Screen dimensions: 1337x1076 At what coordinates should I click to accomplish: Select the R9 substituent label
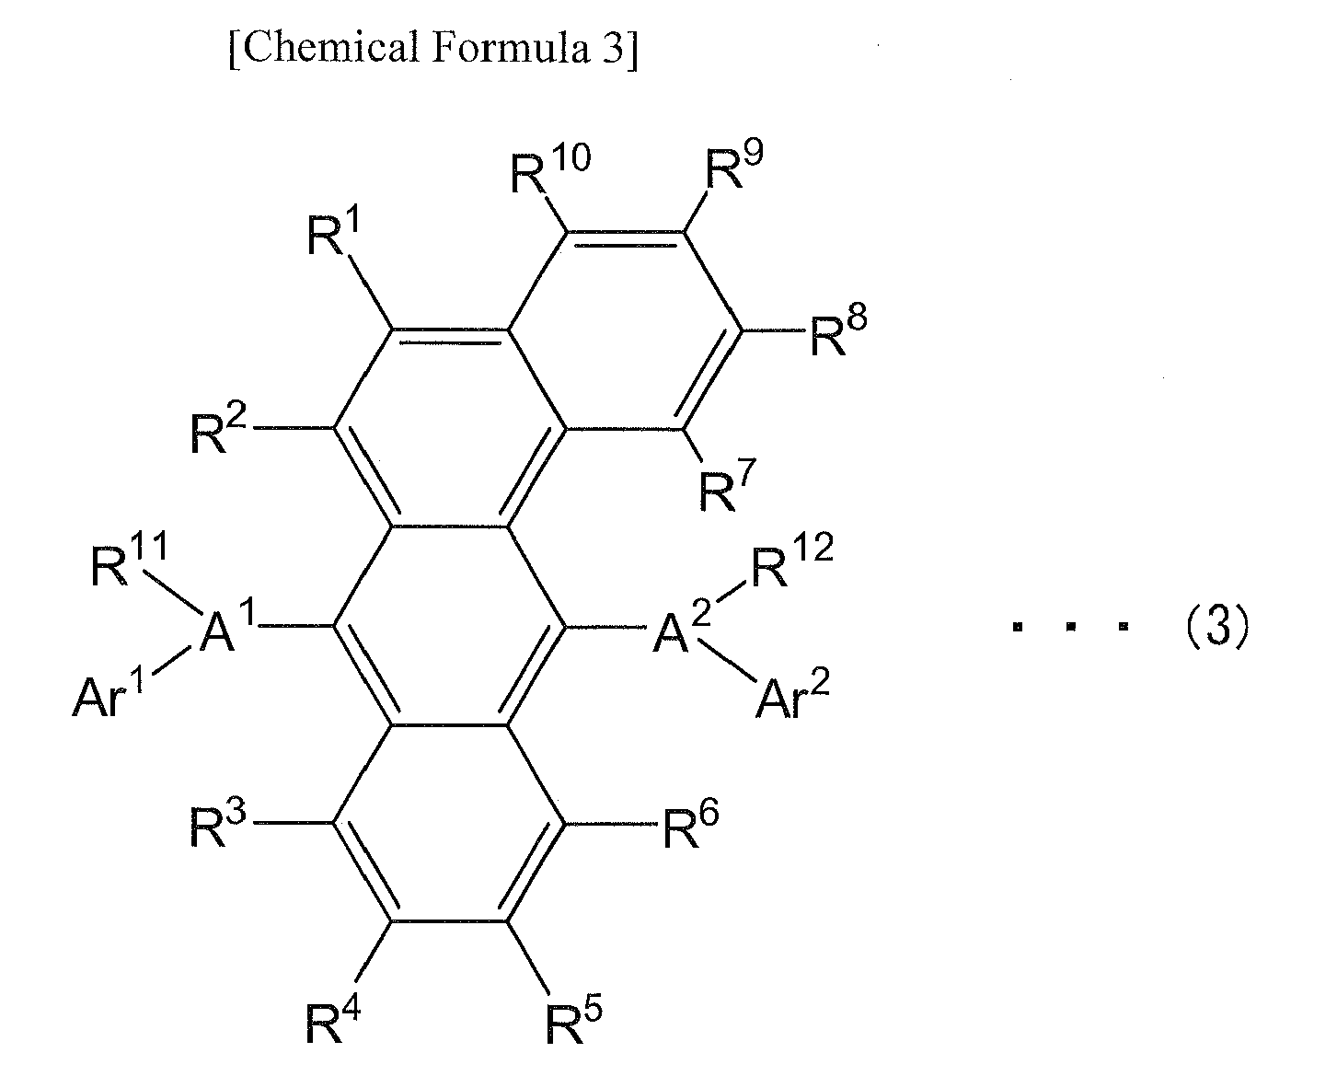pos(733,164)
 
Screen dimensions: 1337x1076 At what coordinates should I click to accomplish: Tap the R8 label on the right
pos(839,331)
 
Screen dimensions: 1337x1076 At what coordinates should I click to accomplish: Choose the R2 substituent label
pos(218,428)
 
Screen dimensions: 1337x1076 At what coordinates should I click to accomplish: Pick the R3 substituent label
pos(218,823)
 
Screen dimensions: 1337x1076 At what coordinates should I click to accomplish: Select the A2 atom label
pos(682,627)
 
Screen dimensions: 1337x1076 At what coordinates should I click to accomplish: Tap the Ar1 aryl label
pos(108,694)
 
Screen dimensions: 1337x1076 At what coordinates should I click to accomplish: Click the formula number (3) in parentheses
pos(1217,626)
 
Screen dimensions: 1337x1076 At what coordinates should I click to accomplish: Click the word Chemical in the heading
pos(330,48)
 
